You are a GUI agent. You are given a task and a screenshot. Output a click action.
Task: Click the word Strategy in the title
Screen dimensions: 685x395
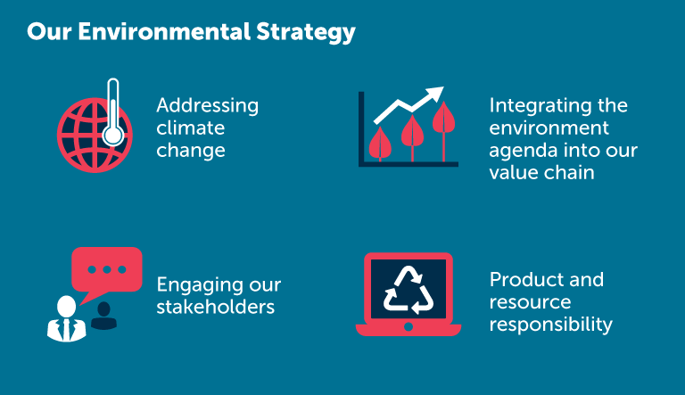(x=306, y=33)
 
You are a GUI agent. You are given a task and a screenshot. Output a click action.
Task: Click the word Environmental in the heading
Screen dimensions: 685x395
(x=164, y=31)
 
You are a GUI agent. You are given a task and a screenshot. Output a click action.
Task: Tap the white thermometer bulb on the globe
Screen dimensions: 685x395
(x=113, y=136)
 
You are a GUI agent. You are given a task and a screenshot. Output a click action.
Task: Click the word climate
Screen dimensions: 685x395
(x=191, y=128)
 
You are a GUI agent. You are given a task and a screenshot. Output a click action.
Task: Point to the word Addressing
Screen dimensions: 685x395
(x=208, y=106)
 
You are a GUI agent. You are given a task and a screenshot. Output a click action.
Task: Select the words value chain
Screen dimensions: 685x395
(x=541, y=172)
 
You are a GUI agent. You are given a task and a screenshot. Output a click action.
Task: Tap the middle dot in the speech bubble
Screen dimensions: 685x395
(x=107, y=269)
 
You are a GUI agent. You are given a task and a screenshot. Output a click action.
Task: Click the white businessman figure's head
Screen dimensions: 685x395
(x=66, y=306)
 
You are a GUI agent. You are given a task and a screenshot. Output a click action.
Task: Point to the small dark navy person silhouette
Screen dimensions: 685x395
(x=103, y=316)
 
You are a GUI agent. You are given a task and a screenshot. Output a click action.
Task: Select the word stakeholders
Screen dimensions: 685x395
(x=215, y=307)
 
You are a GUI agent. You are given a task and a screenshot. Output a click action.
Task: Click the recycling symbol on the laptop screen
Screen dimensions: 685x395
(x=409, y=290)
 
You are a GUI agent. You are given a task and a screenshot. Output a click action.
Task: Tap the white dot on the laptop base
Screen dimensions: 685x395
(x=409, y=326)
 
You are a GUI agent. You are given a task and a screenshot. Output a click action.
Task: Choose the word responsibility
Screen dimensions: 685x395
(x=551, y=325)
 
